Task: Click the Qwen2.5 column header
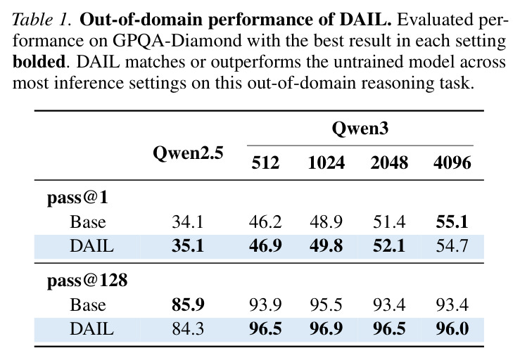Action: [188, 153]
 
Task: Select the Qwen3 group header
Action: [360, 128]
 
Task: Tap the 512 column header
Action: [265, 162]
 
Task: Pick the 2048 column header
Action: [389, 162]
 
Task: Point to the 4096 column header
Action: [452, 162]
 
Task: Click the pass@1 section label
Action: [77, 198]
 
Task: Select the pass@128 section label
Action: [87, 281]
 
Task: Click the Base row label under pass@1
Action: [88, 221]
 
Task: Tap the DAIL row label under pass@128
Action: [92, 329]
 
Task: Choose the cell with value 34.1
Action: [188, 221]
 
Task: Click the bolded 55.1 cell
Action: [452, 221]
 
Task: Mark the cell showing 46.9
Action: [265, 246]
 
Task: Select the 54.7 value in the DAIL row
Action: [452, 246]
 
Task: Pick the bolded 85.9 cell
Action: [188, 304]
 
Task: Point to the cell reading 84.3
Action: [188, 329]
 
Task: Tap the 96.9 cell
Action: [326, 329]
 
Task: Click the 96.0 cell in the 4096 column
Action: [452, 329]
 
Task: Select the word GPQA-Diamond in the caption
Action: [177, 41]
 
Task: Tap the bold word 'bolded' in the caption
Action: [39, 62]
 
